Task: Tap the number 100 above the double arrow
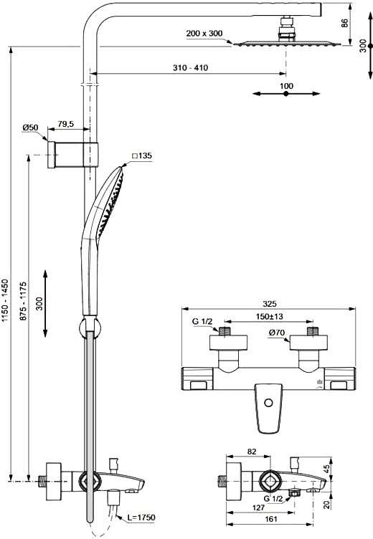click(x=287, y=86)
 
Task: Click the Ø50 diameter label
click(x=30, y=127)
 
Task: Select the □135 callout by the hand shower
click(x=141, y=156)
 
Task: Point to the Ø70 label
click(x=278, y=332)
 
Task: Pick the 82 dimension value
click(x=252, y=452)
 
